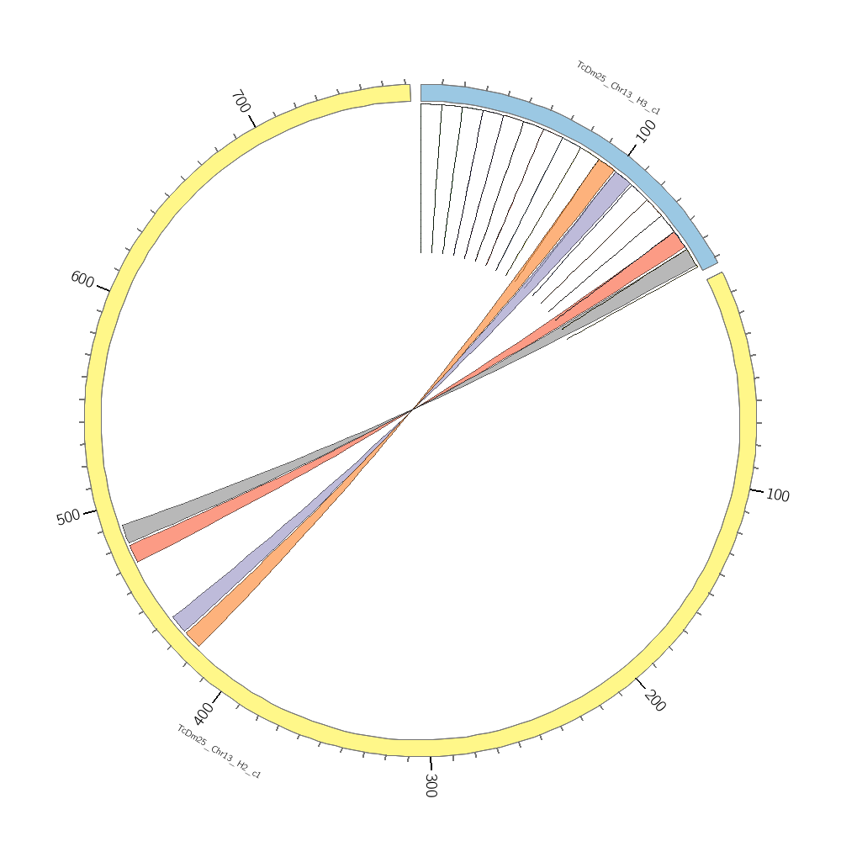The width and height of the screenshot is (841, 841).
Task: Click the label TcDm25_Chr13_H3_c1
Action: [x=618, y=88]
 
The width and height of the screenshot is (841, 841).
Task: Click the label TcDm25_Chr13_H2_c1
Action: [x=219, y=752]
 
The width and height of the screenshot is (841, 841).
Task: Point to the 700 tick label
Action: [x=240, y=103]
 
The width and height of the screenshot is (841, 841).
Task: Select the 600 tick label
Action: [x=82, y=279]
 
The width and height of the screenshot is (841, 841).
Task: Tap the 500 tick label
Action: [x=68, y=517]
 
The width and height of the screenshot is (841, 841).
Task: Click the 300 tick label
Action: [x=430, y=785]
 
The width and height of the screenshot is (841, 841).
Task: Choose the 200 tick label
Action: [x=655, y=701]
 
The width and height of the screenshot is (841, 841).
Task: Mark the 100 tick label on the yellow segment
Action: [x=778, y=495]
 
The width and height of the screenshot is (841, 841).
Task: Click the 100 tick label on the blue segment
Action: [x=646, y=131]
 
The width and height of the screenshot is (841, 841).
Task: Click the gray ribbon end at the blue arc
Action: [x=688, y=260]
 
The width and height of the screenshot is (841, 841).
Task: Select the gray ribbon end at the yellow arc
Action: [x=130, y=532]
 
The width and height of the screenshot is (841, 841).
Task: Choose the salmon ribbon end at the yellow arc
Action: [x=137, y=551]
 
